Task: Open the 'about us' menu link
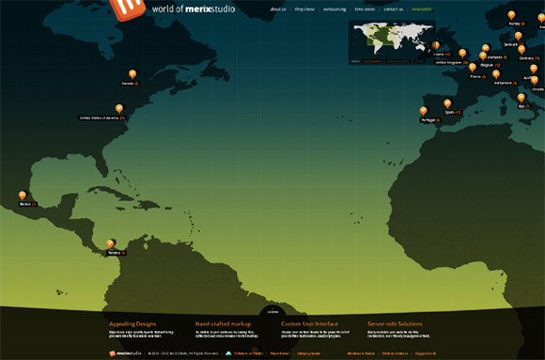point(277,9)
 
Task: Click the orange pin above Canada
point(132,74)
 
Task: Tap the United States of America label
point(101,118)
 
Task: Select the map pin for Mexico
point(23,196)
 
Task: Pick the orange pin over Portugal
point(424,112)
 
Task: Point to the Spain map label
point(450,113)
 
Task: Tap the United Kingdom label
point(449,62)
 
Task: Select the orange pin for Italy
point(522,98)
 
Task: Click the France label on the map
point(475,76)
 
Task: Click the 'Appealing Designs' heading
point(131,323)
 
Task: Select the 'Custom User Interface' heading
point(310,323)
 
